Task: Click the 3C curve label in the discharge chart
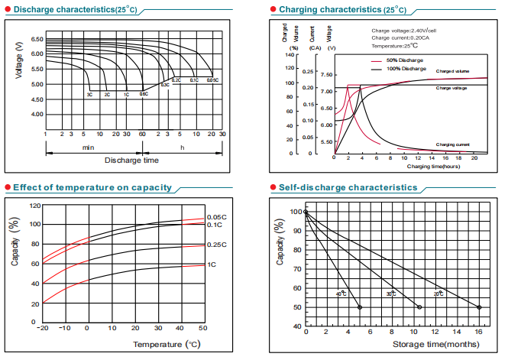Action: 89,94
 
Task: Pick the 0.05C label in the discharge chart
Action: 212,79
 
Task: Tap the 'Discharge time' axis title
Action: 131,161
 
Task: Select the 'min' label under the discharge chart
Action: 88,145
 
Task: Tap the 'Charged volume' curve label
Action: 452,71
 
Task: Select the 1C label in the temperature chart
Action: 211,264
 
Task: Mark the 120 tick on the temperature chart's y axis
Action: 34,206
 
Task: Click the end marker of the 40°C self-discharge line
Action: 360,307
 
